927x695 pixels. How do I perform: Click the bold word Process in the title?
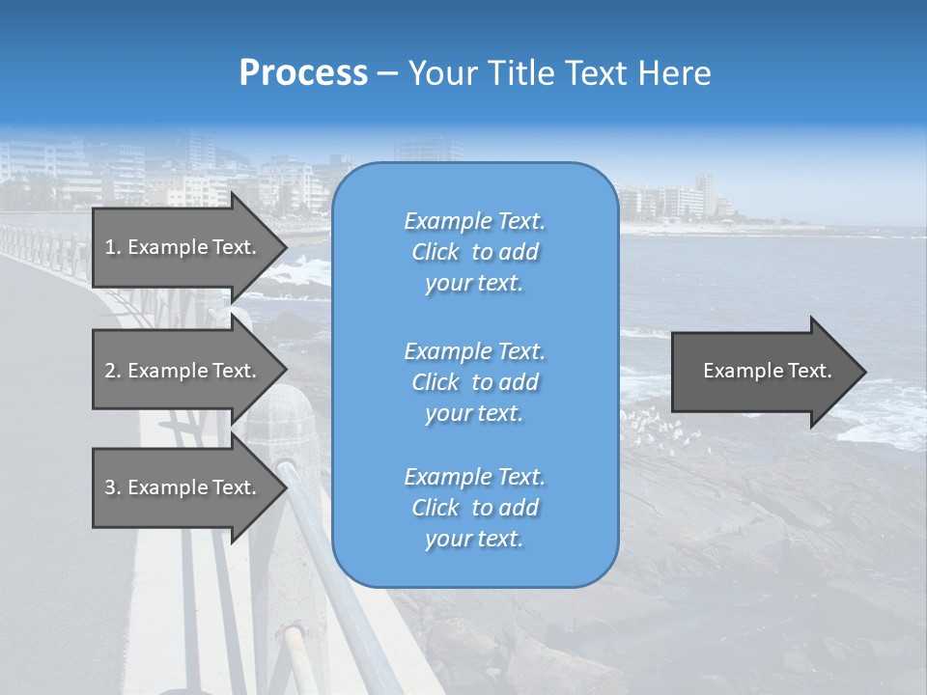pos(303,73)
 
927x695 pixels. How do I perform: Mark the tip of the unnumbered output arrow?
pos(864,371)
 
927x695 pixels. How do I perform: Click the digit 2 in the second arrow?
pos(110,371)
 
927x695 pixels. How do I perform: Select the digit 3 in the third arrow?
pos(110,487)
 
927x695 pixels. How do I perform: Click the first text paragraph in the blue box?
pos(474,252)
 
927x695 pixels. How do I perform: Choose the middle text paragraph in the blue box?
pos(474,382)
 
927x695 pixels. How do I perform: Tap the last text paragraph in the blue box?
pos(474,508)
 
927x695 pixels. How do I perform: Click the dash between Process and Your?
pos(388,73)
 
